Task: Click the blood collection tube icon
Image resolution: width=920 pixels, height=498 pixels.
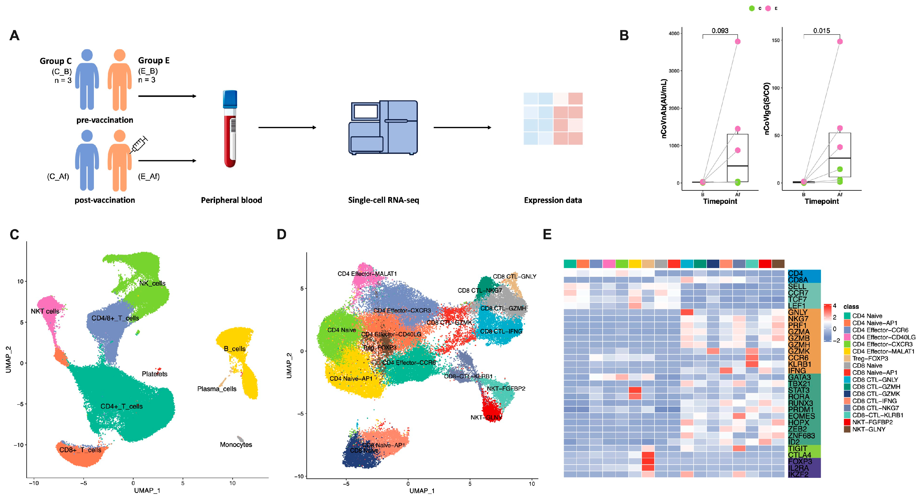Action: pos(230,129)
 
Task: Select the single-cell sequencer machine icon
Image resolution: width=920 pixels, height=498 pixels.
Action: pos(383,128)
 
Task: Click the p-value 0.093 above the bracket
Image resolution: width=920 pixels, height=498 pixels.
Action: pos(720,31)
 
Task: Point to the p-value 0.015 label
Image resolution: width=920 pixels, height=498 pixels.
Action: pos(821,31)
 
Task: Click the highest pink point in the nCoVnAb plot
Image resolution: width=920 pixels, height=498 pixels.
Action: pos(737,41)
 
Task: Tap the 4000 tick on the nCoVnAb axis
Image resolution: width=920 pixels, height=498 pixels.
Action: pos(674,34)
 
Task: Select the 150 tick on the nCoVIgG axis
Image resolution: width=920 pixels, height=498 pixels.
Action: pos(776,40)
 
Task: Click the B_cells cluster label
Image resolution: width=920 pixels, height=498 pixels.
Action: pos(235,349)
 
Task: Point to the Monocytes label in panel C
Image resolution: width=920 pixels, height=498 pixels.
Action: pos(236,444)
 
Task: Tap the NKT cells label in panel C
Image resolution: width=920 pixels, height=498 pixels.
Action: pos(45,311)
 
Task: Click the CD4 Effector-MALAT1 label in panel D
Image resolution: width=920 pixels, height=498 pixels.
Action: pos(367,274)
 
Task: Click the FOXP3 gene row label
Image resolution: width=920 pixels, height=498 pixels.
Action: pos(800,461)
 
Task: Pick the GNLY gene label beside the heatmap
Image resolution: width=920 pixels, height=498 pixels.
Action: pos(797,312)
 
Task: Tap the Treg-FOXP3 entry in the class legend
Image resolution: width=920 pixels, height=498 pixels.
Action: pos(870,358)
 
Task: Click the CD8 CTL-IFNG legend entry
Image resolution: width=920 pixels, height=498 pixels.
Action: pos(874,401)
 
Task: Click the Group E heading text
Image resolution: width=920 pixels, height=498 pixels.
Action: pos(154,60)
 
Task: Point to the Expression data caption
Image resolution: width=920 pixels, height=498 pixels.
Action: pos(552,200)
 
